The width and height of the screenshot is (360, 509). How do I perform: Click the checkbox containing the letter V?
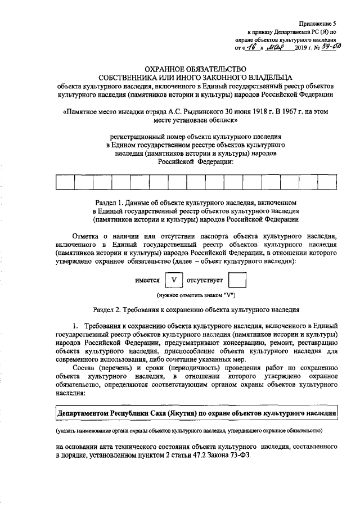tap(174, 280)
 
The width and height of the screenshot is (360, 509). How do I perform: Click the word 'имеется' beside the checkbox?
tap(148, 280)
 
